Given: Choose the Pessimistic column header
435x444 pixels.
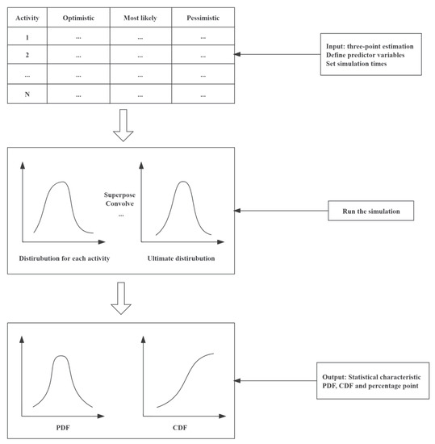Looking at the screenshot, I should pyautogui.click(x=202, y=16).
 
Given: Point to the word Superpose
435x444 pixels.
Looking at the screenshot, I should pyautogui.click(x=123, y=195).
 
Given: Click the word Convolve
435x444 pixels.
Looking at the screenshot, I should pyautogui.click(x=121, y=205).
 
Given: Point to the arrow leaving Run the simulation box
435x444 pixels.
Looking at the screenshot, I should pyautogui.click(x=282, y=212).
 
